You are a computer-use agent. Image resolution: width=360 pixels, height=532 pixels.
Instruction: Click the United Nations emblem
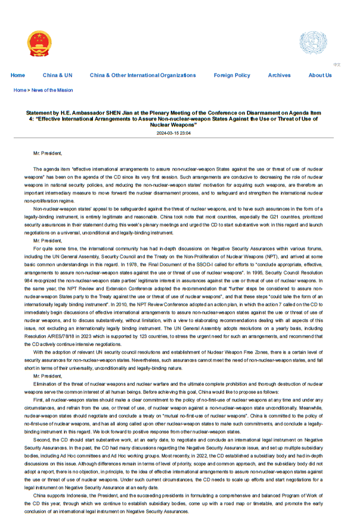point(313,43)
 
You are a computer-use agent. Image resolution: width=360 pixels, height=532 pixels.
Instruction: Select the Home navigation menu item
point(18,76)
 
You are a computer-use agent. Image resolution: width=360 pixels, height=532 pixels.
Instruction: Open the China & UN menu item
point(58,76)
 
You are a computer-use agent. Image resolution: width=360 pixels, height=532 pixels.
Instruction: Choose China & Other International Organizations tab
point(142,76)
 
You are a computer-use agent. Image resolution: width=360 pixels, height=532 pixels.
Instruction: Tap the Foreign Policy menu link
point(232,76)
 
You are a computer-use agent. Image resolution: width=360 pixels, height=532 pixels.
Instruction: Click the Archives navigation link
point(279,76)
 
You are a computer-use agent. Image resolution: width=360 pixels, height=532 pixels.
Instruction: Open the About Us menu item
point(320,76)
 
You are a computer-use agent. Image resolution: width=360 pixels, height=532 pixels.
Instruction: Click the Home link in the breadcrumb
point(20,91)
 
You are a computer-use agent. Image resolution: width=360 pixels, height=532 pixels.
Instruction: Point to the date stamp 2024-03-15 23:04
point(173,134)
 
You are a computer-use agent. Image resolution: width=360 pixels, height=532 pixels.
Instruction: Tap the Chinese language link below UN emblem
point(337,64)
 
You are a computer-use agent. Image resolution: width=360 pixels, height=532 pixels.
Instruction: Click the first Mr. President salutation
point(48,153)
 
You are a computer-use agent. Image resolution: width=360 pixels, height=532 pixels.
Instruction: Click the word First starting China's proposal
point(39,400)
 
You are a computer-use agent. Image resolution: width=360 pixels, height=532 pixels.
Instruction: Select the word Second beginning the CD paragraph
point(42,440)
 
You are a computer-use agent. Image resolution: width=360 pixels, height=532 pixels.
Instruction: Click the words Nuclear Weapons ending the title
point(173,125)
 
